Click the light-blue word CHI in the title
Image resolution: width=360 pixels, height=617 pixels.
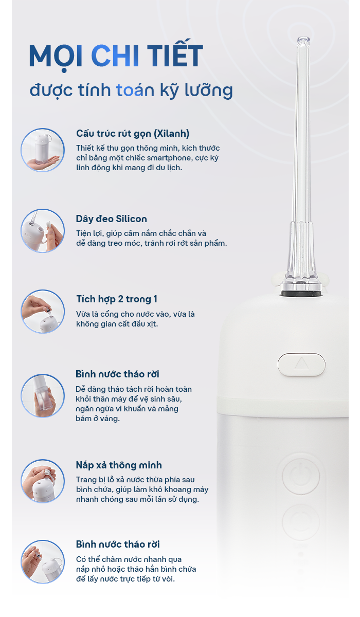(x=115, y=56)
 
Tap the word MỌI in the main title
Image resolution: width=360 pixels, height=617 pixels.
(x=56, y=57)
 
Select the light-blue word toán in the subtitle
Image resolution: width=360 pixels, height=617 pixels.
(x=135, y=90)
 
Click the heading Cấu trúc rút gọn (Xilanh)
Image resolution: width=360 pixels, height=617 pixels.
(x=133, y=134)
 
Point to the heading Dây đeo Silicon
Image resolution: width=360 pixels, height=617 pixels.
(x=111, y=219)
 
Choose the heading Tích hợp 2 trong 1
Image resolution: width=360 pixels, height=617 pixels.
(x=117, y=299)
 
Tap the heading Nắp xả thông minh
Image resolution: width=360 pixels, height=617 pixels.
(x=119, y=465)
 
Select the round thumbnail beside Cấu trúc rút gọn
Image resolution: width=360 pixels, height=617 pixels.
(x=43, y=150)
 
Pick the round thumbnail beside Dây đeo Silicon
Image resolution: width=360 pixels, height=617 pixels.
(x=43, y=231)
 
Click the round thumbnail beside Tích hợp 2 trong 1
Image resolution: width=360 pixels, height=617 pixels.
(x=43, y=312)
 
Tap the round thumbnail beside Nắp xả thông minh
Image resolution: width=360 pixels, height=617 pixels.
(x=43, y=481)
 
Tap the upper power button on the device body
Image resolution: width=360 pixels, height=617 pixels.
(x=301, y=475)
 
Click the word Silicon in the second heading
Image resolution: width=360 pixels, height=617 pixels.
(x=131, y=219)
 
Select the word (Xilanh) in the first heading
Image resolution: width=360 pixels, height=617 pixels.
(x=172, y=134)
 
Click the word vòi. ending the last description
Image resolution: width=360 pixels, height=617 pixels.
(x=168, y=579)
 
